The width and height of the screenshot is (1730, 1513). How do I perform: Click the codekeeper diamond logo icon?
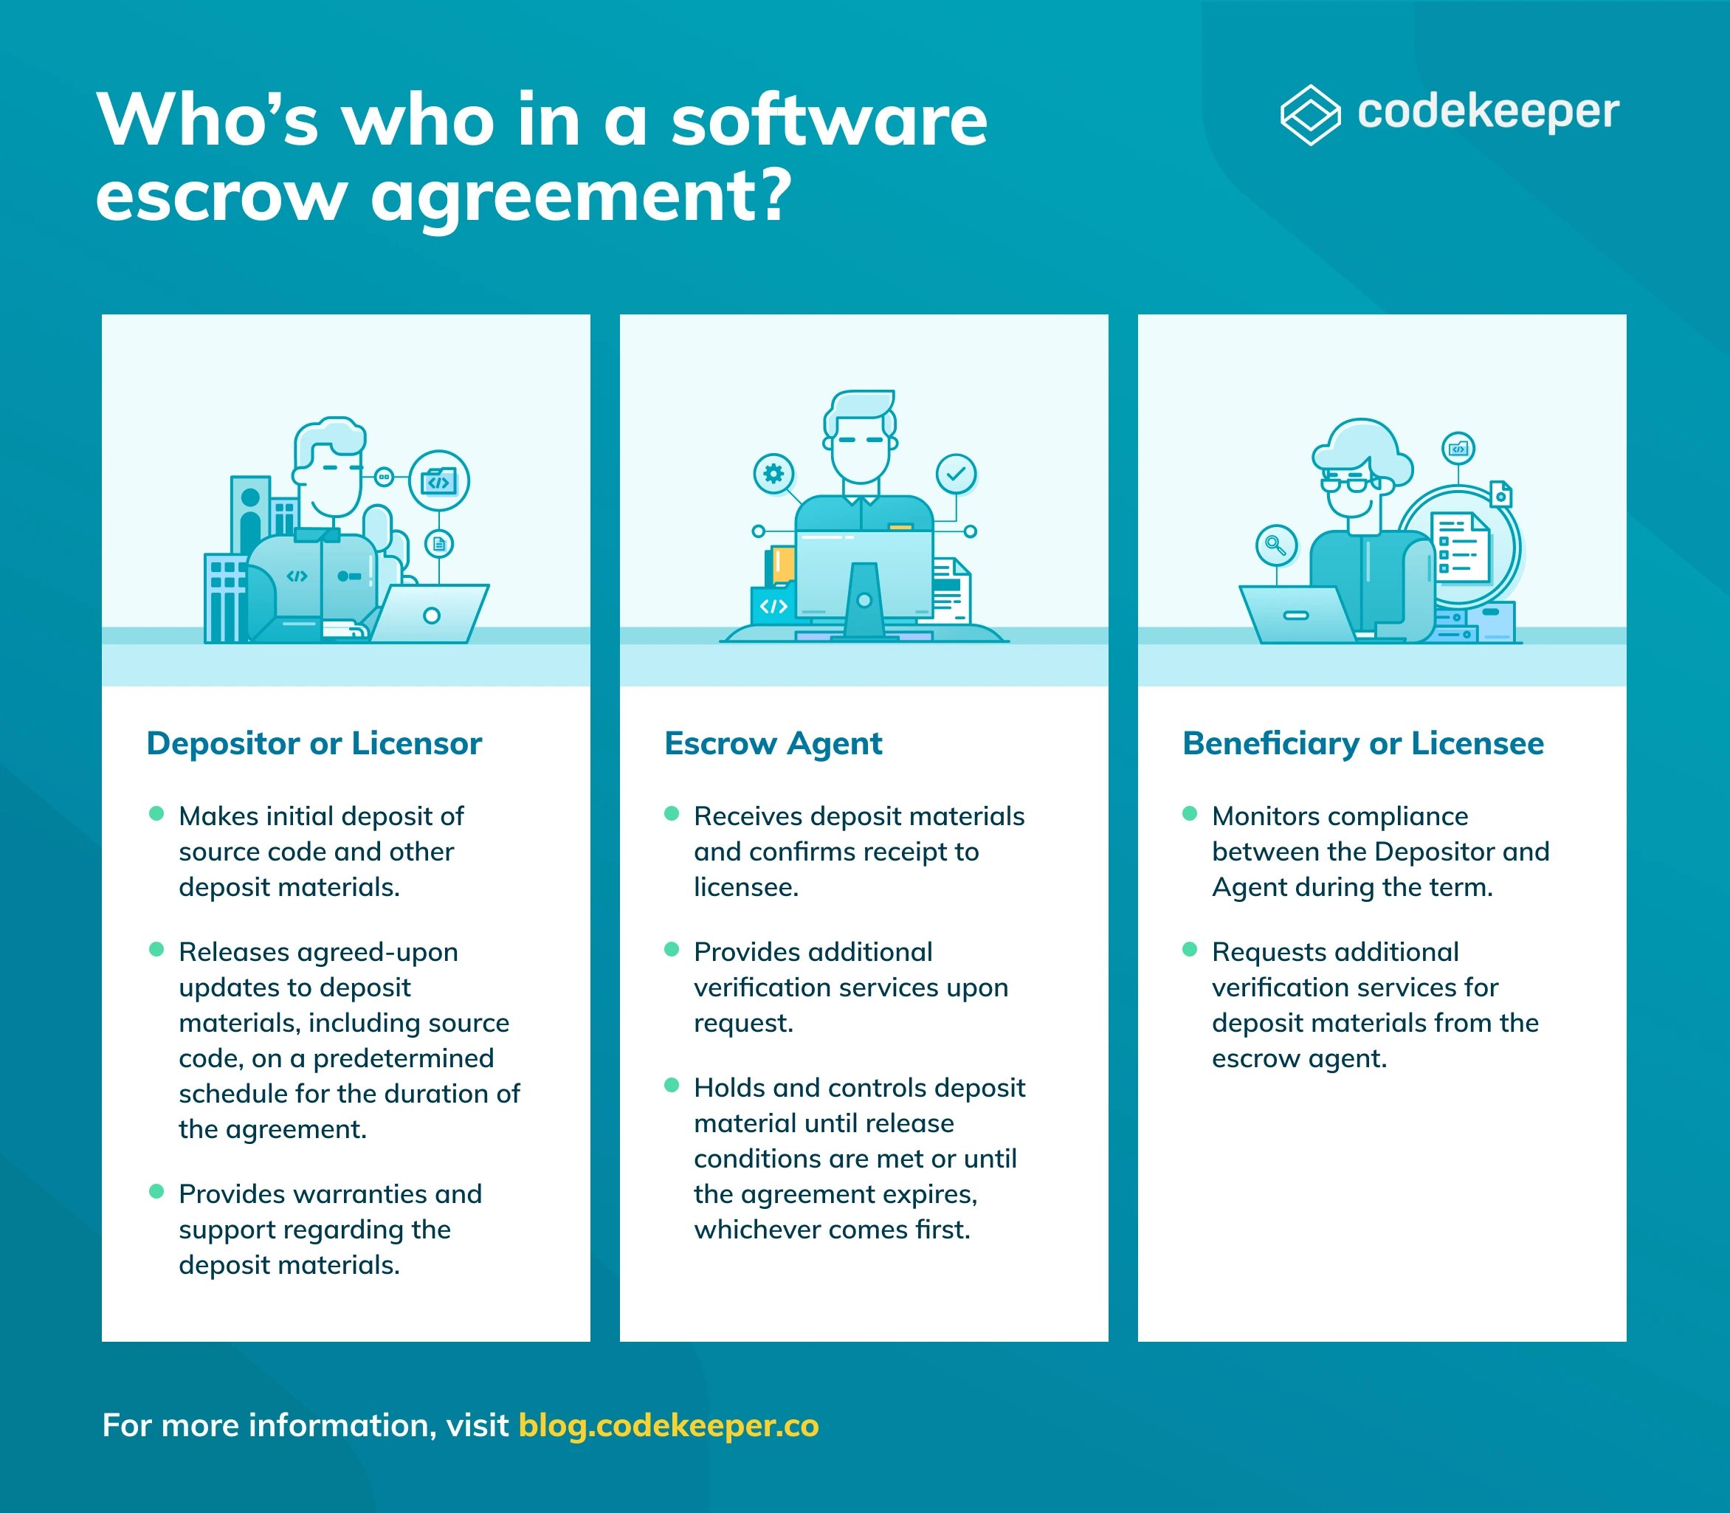pos(1309,115)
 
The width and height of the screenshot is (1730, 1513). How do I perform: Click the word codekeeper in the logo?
pos(1488,113)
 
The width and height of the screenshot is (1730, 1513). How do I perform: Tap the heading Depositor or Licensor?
pos(314,743)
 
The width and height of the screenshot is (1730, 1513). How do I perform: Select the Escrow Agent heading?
pos(773,744)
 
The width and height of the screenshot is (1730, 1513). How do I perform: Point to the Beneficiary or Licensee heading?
pos(1362,744)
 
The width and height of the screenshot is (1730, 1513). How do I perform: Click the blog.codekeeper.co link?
pos(669,1425)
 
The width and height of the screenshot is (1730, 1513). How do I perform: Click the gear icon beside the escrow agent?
pos(773,474)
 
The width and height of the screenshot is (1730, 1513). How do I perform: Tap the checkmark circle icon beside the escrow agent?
pos(956,474)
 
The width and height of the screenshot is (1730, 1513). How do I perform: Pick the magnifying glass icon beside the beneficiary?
pos(1276,545)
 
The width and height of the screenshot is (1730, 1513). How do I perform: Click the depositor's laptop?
pos(430,613)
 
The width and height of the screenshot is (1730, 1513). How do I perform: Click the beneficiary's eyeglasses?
pos(1350,483)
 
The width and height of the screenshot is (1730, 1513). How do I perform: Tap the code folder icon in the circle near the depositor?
pos(439,480)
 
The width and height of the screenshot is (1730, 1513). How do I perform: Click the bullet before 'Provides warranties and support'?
pos(156,1191)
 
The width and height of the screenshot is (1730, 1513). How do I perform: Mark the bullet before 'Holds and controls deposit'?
pos(672,1085)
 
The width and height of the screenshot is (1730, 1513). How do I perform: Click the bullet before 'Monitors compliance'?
pos(1190,813)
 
